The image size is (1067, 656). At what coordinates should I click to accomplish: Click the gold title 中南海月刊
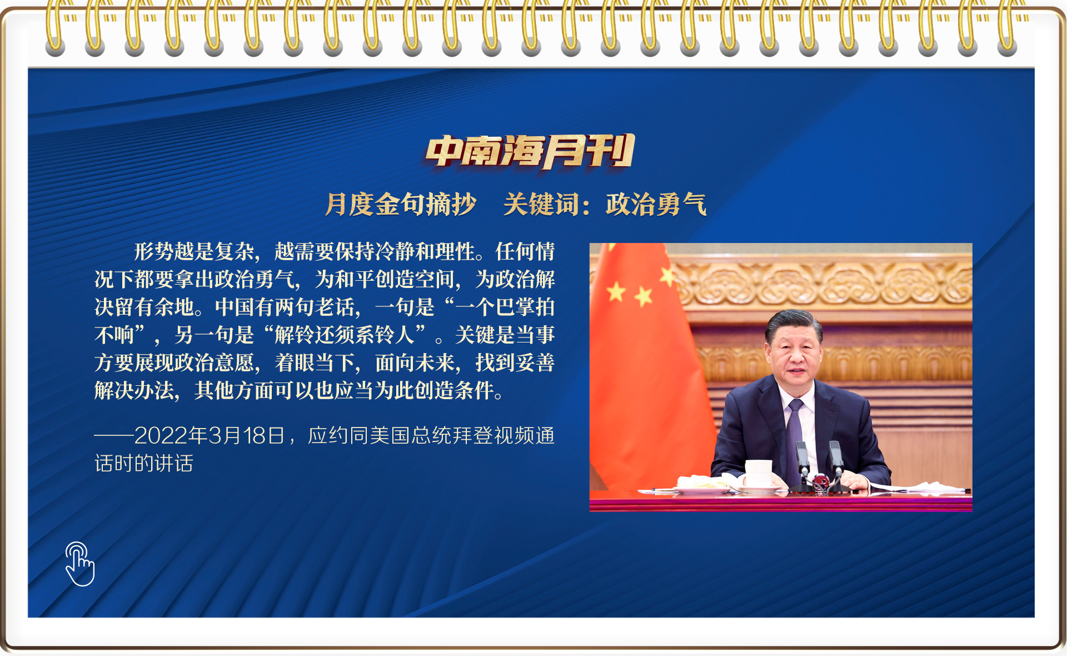[x=530, y=151]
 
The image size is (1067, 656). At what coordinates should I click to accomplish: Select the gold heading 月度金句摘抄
[x=401, y=204]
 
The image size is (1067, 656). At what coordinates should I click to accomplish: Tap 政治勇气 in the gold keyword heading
[x=656, y=204]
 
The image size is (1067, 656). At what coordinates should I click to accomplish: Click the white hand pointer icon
[x=79, y=564]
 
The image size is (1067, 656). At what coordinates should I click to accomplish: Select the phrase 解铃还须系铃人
[x=345, y=335]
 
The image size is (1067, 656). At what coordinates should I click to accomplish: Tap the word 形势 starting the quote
[x=154, y=251]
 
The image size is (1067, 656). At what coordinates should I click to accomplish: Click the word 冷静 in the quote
[x=395, y=251]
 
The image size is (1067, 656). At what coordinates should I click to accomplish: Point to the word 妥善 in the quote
[x=535, y=362]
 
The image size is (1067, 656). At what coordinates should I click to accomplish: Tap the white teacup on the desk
[x=758, y=474]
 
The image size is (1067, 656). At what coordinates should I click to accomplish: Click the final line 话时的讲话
[x=144, y=463]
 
